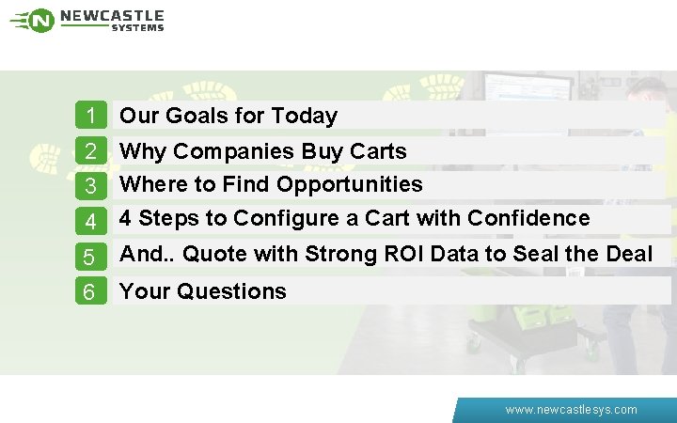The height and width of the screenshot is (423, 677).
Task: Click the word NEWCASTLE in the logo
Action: (x=112, y=16)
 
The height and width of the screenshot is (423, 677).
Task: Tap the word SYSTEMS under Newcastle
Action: (x=137, y=28)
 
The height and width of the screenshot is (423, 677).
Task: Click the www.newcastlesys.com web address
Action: (x=571, y=410)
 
